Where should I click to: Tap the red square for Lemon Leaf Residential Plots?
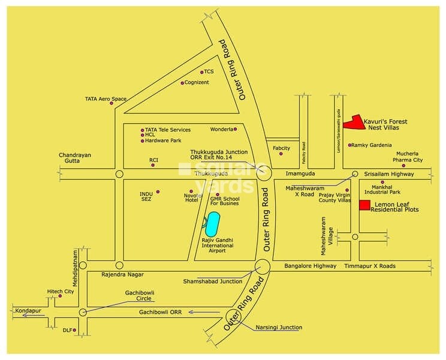[364, 205]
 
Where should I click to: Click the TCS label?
[209, 72]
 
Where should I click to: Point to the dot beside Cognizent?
[182, 83]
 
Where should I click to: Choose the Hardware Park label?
[164, 141]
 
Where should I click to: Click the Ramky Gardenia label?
[372, 145]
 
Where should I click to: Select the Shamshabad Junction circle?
[262, 266]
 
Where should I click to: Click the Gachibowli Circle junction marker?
[83, 312]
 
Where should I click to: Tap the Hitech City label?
[61, 292]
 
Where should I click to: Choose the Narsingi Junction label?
[279, 328]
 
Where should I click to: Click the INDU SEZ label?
[147, 196]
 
